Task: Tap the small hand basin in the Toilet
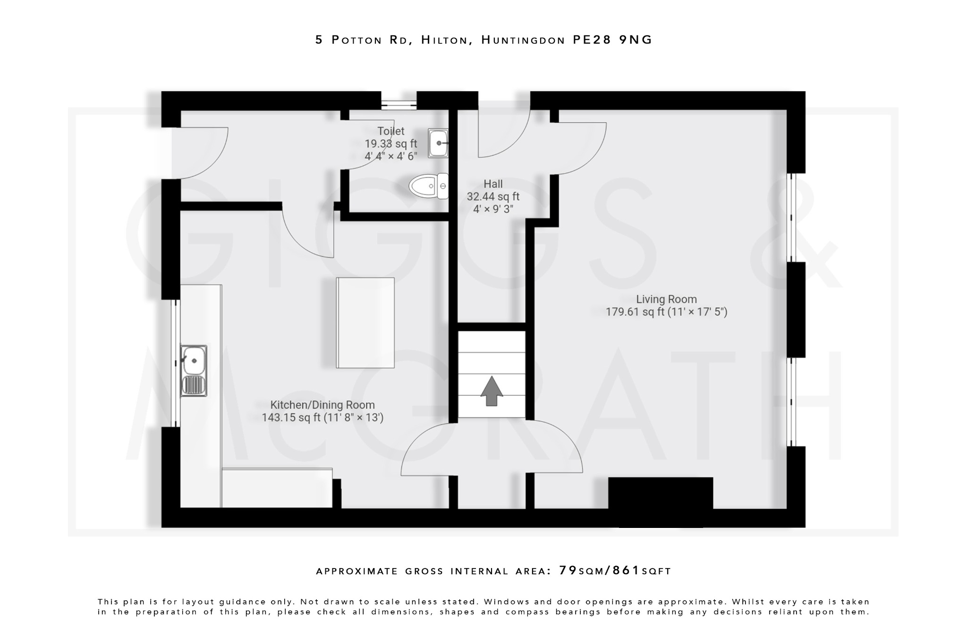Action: tap(438, 143)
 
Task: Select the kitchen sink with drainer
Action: tap(194, 370)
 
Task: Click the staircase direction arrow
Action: tap(492, 391)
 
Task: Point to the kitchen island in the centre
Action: tap(365, 323)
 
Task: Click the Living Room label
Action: tap(666, 299)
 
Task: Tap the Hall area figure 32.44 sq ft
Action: tap(493, 196)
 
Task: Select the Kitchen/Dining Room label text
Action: tap(322, 405)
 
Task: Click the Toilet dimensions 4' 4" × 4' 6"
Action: tap(391, 156)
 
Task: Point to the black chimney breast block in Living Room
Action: tap(660, 501)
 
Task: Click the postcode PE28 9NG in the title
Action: tap(612, 40)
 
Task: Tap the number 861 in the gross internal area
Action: tap(626, 570)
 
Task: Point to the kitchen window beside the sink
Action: tap(175, 363)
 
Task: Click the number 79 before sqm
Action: tap(568, 570)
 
